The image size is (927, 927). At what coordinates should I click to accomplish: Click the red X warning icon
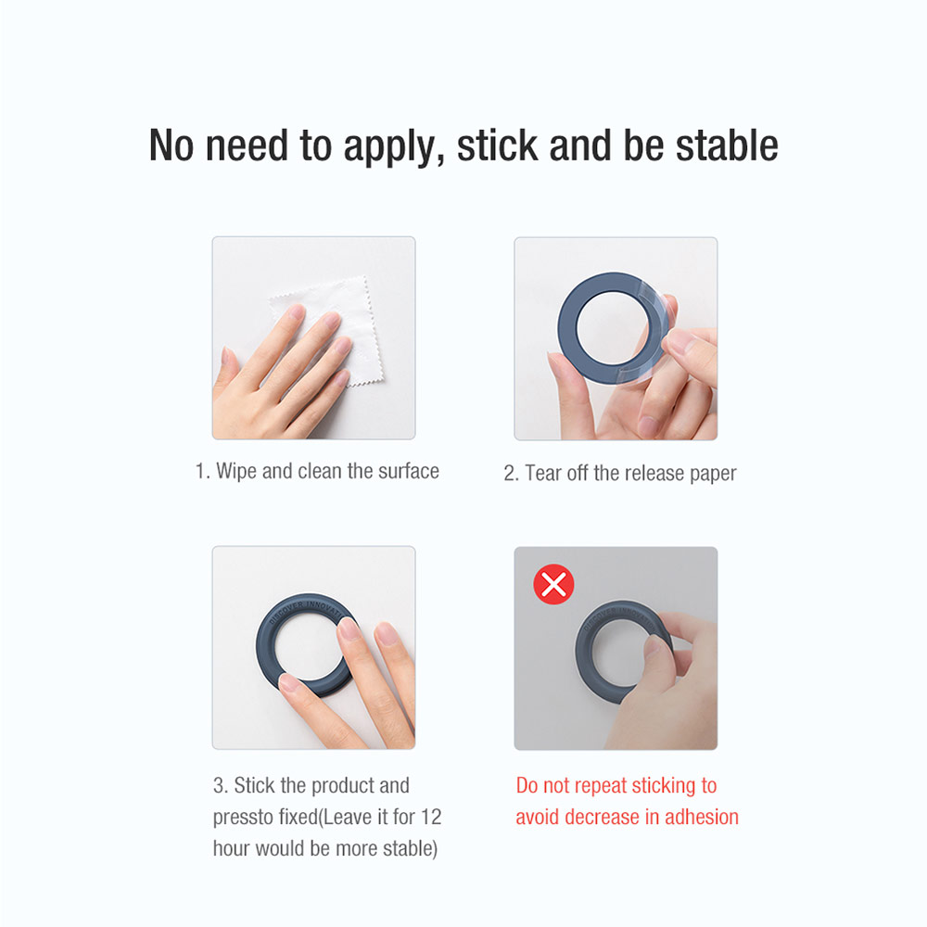554,584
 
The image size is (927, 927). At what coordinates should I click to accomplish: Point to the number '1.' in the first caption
202,471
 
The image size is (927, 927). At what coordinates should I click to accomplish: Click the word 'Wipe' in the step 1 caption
236,471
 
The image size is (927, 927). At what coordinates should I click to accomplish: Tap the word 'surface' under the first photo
408,471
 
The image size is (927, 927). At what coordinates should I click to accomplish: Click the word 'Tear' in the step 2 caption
543,473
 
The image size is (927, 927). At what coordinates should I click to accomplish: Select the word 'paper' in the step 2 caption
713,474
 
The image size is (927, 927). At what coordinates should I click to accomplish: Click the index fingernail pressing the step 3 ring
349,631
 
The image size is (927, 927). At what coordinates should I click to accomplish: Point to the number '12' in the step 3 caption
430,817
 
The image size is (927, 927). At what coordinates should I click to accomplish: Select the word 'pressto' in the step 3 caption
243,818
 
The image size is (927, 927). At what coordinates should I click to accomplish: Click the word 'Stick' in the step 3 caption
255,786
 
